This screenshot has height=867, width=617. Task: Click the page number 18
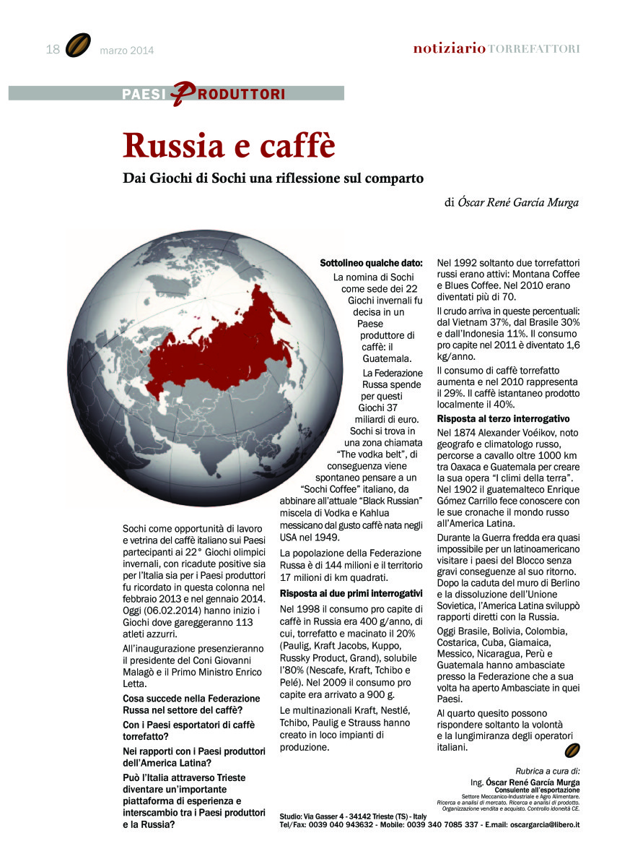tap(52, 49)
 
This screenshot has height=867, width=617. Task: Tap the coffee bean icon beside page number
tap(78, 46)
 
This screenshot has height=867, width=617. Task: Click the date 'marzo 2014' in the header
tap(127, 51)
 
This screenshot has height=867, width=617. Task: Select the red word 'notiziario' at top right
tap(449, 48)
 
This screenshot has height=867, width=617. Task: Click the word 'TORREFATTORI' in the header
tap(533, 49)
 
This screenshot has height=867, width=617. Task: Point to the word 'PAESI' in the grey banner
tap(144, 94)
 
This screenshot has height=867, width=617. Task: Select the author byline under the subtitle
tap(511, 202)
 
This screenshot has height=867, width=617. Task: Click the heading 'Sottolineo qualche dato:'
tap(371, 264)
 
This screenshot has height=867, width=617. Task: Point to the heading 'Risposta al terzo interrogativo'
tap(504, 419)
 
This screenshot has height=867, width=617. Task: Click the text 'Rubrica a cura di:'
tap(548, 771)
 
